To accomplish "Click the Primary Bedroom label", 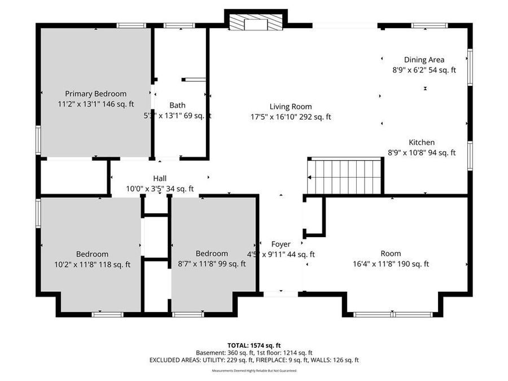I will [95, 94].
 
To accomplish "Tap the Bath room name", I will [177, 105].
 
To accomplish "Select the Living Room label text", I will [290, 107].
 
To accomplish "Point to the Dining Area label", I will [424, 60].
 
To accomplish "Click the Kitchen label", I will [422, 143].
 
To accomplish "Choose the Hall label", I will [160, 179].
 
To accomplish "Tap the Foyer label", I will [281, 244].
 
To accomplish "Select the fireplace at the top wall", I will [256, 23].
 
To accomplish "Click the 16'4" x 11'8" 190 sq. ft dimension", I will [391, 264].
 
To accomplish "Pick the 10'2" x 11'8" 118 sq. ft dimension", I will [92, 264].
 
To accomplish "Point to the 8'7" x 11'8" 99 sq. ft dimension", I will [212, 264].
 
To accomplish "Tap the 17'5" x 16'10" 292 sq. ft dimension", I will [290, 117].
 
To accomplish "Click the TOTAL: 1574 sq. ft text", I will [253, 345].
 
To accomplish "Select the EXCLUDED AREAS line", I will [253, 360].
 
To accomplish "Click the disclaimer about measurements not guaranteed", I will [253, 371].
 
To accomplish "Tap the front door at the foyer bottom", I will [281, 294].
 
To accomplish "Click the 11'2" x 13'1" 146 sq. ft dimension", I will [95, 104].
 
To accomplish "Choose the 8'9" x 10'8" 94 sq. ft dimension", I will [422, 152].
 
